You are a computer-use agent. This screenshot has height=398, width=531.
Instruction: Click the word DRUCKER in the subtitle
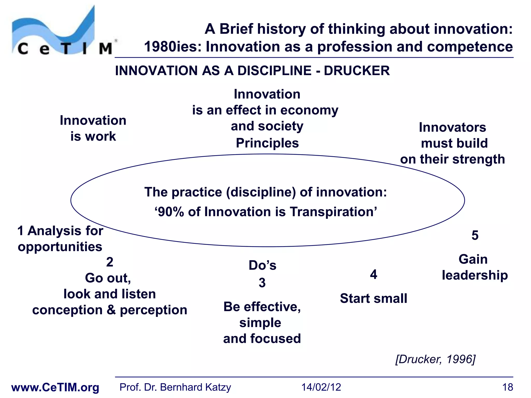tap(357, 71)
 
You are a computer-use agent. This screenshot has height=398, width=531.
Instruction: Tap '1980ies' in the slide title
tap(172, 47)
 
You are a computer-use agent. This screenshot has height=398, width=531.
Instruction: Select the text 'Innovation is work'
tap(93, 128)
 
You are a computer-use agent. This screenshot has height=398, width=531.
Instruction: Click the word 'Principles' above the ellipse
tap(267, 143)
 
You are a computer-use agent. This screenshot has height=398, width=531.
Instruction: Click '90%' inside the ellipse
tap(171, 212)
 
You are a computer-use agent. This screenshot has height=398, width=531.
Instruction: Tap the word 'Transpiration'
tap(331, 212)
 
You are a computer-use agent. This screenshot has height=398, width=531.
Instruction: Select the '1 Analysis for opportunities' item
tap(60, 238)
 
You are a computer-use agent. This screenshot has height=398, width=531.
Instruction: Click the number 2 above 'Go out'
tap(110, 262)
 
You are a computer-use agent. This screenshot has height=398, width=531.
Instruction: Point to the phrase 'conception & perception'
tap(110, 310)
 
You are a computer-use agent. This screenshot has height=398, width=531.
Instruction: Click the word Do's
tap(262, 265)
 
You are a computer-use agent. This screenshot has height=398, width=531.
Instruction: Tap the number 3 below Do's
tap(262, 283)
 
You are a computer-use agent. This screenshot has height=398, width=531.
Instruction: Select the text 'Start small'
tap(373, 298)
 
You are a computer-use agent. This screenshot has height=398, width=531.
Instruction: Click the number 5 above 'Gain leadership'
tap(475, 235)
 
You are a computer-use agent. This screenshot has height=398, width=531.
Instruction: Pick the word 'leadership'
tap(475, 275)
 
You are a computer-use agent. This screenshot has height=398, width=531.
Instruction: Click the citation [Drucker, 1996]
tap(435, 359)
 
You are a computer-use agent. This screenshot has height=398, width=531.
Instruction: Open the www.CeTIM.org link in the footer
tap(55, 387)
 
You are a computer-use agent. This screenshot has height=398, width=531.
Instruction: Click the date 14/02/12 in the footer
tap(321, 387)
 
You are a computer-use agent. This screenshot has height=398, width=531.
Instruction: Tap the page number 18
tap(507, 387)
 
